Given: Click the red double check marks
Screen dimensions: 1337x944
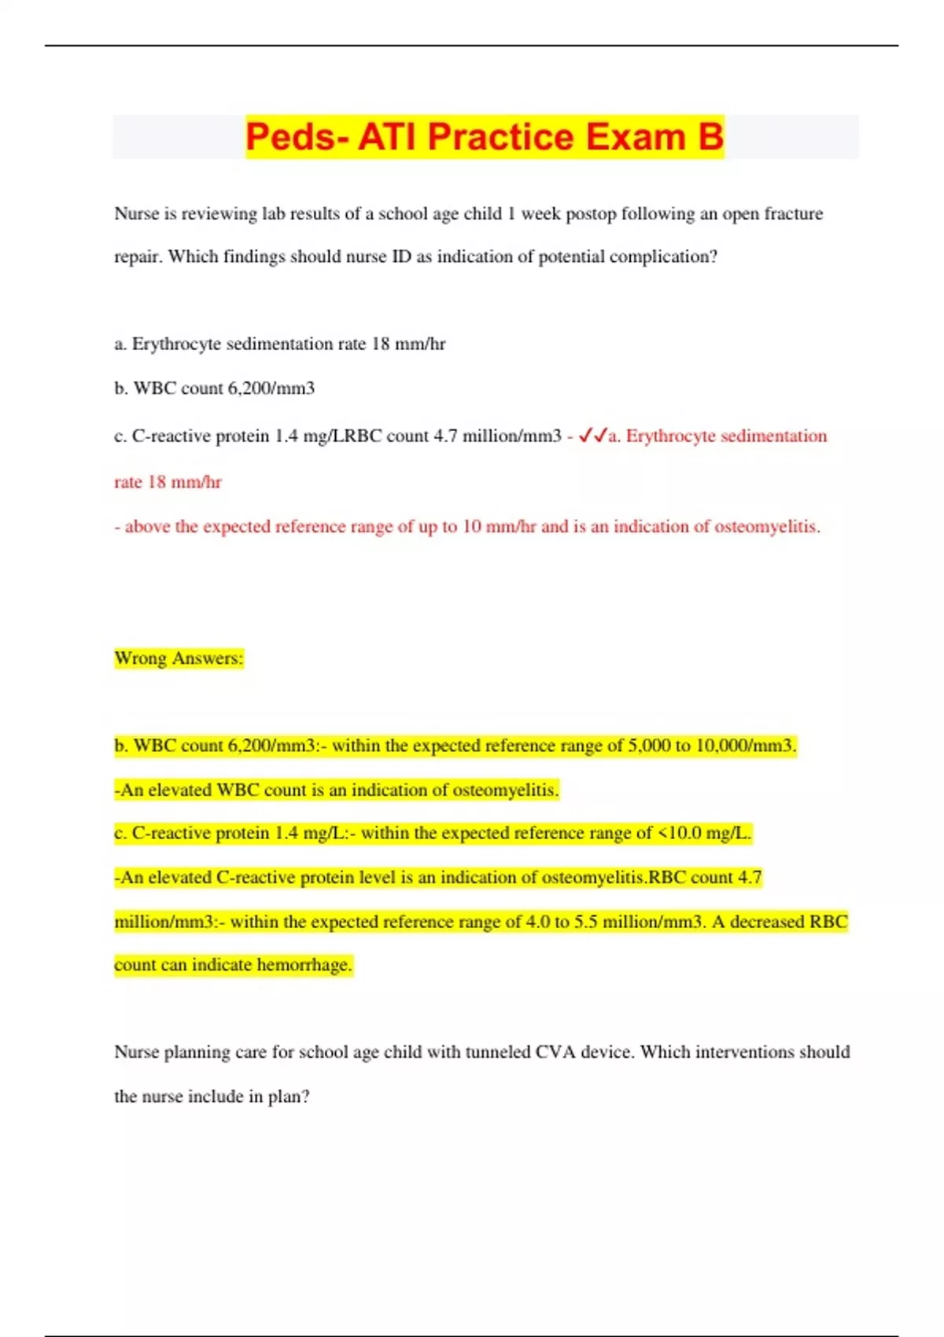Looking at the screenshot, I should pos(592,436).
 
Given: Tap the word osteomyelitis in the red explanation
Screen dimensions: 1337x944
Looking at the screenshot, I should pos(766,526).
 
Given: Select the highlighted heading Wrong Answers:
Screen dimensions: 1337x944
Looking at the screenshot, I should pos(179,658).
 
